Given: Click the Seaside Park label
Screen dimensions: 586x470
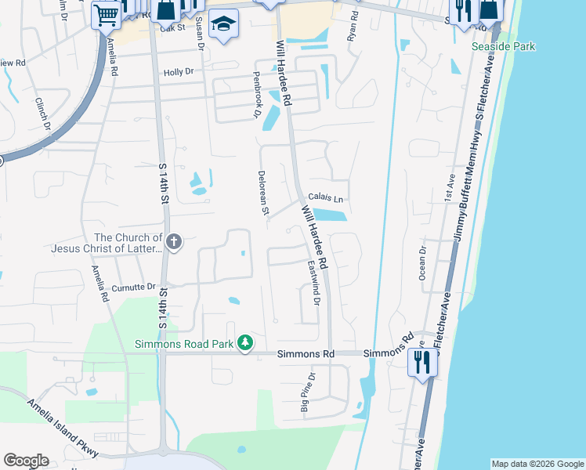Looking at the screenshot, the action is tap(504, 46).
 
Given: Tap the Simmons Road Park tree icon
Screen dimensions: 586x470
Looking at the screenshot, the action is tap(245, 343).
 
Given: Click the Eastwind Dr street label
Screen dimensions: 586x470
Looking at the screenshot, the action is tap(313, 284).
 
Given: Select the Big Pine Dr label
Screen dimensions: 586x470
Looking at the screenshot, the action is tap(309, 392).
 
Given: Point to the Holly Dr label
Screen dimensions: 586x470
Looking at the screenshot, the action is tap(178, 72).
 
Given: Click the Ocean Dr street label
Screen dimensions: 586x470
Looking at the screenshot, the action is tap(422, 264).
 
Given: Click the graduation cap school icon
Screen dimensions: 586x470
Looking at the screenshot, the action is tap(225, 23).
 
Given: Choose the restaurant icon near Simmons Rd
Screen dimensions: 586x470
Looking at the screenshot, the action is tap(421, 363).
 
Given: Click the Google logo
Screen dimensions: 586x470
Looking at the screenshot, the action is tap(26, 461).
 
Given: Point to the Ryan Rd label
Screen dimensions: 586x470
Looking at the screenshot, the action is tap(353, 26).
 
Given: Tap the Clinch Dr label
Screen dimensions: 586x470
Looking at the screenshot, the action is tap(42, 113).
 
